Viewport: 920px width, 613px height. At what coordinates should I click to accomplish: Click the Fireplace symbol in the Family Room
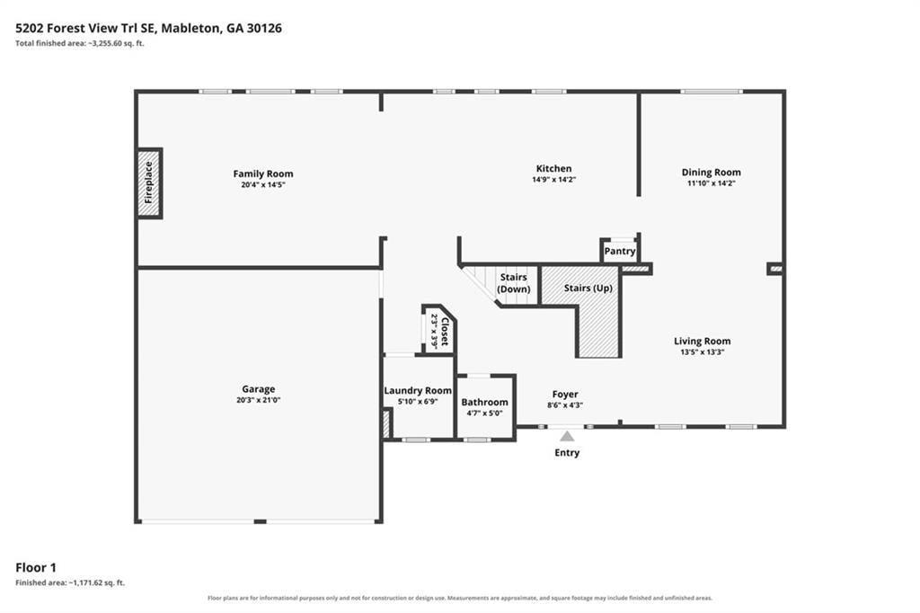pos(149,183)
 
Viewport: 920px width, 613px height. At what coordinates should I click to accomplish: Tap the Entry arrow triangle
pos(567,436)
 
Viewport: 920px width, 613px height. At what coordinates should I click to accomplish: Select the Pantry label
pos(620,252)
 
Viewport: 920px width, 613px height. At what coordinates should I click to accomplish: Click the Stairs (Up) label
pos(588,289)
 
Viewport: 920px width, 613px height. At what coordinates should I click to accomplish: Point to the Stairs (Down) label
pos(513,283)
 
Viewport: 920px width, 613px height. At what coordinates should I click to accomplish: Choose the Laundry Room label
pos(418,390)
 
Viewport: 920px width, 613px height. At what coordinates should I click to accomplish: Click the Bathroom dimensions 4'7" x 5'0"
pos(484,413)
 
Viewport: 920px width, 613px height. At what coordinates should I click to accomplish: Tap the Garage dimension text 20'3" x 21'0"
pos(258,400)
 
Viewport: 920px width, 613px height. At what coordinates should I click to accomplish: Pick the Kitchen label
pos(553,168)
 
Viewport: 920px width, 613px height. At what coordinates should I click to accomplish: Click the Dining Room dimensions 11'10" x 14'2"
pos(712,183)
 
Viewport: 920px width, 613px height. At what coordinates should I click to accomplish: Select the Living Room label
pos(703,342)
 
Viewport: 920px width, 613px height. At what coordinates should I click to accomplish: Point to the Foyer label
pos(565,395)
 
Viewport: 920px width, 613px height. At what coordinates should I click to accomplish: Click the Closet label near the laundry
pos(445,333)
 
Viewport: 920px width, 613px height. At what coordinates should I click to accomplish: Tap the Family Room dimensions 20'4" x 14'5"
pos(263,184)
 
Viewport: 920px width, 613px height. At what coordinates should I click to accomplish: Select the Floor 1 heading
pos(36,567)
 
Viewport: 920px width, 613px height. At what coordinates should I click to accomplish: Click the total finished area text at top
pos(80,43)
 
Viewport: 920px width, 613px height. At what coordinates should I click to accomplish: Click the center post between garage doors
pos(260,521)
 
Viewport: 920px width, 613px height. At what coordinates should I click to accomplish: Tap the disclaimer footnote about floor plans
pos(460,599)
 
